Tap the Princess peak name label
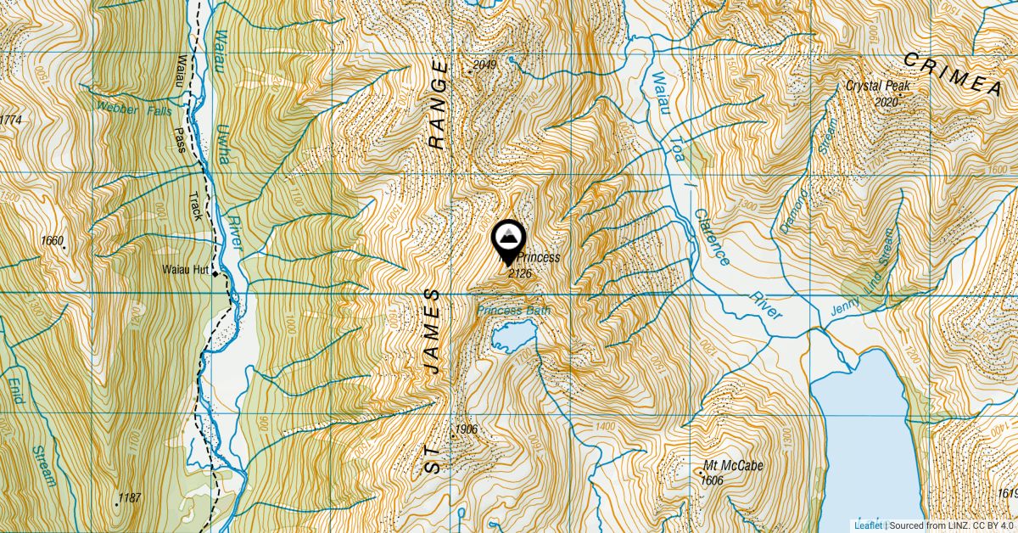538,257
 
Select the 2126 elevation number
519,273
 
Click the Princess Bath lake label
513,311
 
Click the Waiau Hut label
185,271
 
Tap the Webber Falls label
134,109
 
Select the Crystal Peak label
877,87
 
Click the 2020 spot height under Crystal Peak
885,102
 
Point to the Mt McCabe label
734,466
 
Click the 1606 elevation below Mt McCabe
712,480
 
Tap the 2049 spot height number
484,65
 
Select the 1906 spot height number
467,429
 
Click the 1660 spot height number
52,241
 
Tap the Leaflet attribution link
867,525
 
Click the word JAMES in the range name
433,332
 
